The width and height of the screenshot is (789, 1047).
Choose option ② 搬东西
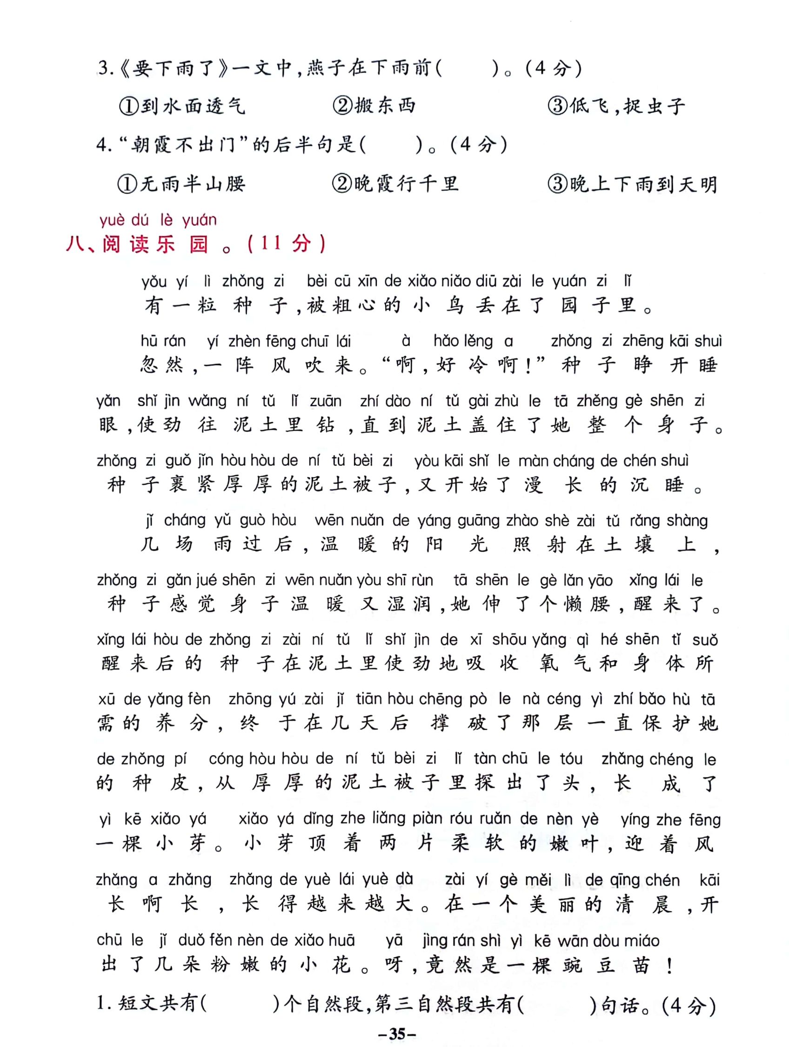click(x=374, y=106)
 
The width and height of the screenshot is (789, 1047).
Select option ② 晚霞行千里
click(x=395, y=184)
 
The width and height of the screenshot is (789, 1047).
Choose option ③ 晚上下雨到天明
click(x=632, y=184)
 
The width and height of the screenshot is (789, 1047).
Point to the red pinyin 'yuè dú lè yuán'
click(x=158, y=220)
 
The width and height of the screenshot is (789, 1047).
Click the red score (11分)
click(x=287, y=244)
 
